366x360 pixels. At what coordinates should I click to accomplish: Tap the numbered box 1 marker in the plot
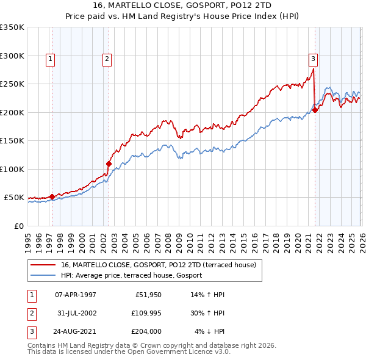coord(49,59)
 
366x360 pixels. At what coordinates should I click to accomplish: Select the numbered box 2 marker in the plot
coord(107,59)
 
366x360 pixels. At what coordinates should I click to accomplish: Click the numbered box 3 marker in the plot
coord(313,59)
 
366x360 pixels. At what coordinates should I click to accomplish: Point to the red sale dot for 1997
coord(52,196)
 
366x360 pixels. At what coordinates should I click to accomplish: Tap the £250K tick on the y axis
coord(12,84)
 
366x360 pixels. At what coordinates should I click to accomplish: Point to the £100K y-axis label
coord(12,169)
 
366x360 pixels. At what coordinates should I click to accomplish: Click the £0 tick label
coord(18,226)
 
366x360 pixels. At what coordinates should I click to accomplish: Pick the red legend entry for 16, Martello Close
coord(162,265)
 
